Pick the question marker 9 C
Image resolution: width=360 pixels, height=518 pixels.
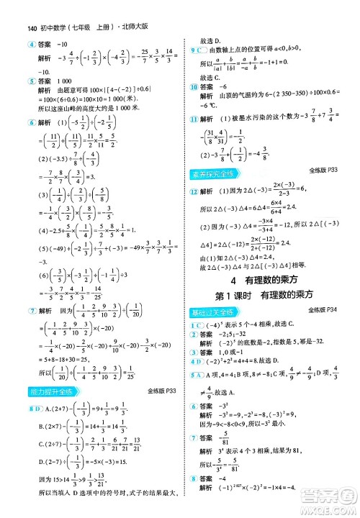point(196,51)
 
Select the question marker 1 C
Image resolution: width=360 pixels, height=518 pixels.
point(196,325)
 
